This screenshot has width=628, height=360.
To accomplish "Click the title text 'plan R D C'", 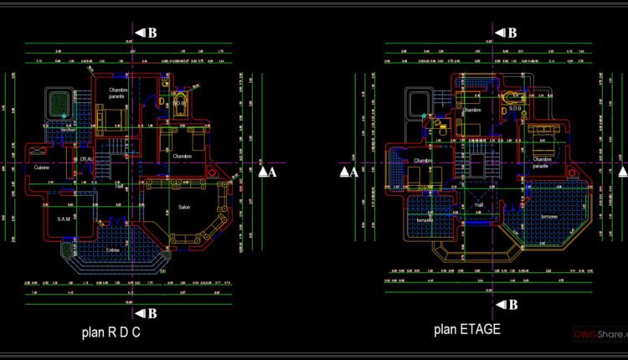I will point(111,332).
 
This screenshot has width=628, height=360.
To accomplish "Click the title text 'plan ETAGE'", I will point(467,329).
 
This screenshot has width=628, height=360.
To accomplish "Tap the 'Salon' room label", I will point(184,207).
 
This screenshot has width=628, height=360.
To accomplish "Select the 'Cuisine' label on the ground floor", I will point(42,167).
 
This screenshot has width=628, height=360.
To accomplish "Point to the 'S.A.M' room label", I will point(64,219).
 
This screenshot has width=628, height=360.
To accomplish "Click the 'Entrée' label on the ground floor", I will point(113,249).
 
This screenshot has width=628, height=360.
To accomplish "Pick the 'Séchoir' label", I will point(68,130).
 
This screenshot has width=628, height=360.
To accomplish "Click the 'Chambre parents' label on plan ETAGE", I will point(541,162).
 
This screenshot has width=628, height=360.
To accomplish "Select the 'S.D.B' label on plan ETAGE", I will point(514,108).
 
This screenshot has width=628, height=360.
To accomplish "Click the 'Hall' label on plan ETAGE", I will point(479,203).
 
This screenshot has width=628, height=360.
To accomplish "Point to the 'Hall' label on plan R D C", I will point(120,186).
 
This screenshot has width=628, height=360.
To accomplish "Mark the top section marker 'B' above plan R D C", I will point(148,33).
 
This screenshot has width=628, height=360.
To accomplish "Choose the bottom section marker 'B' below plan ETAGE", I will point(506,304).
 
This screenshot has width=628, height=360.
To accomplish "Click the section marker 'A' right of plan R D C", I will point(266,172).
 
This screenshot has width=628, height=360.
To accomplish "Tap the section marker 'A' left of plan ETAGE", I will point(349,172).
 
